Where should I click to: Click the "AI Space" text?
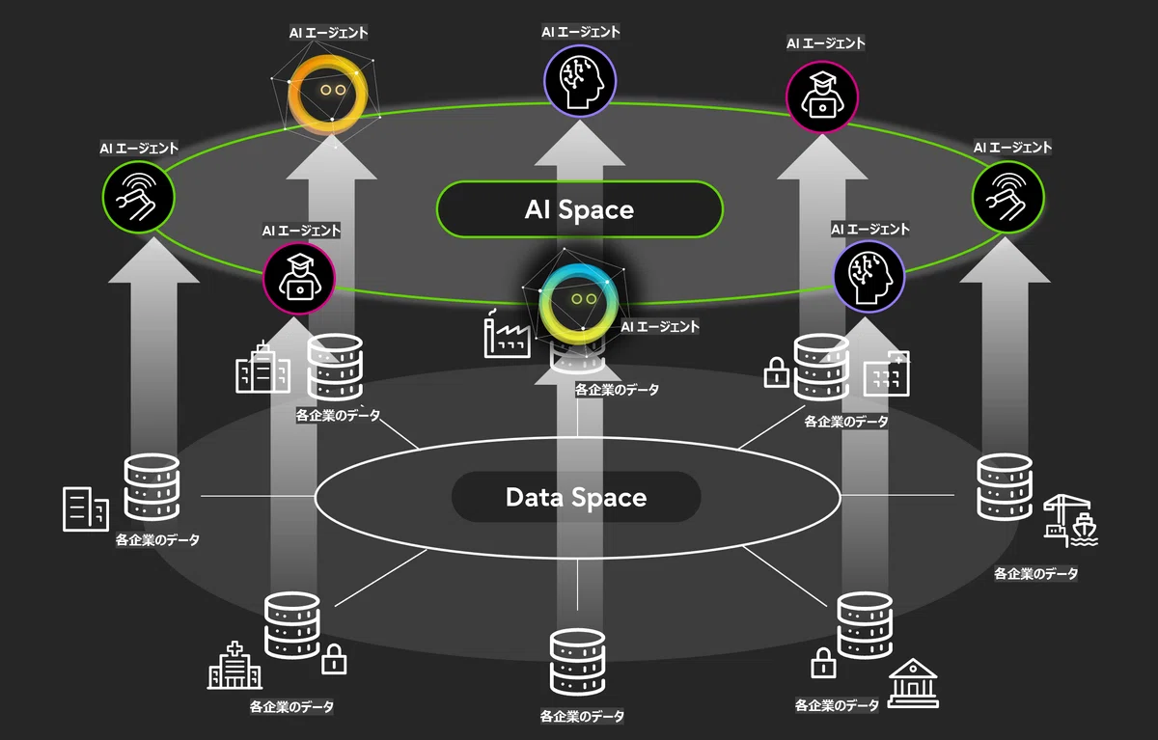[x=579, y=209]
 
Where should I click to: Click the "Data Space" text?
[x=576, y=497]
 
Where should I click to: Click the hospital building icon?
[x=234, y=666]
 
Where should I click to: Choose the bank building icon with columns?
[x=913, y=683]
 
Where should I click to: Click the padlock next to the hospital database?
[x=334, y=659]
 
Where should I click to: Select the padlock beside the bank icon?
[x=823, y=663]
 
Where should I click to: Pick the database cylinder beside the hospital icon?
[x=292, y=625]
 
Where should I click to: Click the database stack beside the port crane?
[x=1005, y=487]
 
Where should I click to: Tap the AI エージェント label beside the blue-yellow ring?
[x=660, y=327]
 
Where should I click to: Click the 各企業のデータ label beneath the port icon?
[x=1036, y=574]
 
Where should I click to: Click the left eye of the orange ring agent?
[x=326, y=90]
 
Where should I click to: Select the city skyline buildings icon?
[x=262, y=368]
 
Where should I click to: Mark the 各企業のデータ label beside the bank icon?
[x=837, y=705]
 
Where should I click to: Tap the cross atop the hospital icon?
[x=234, y=648]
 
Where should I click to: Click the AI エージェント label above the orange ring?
[x=329, y=33]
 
